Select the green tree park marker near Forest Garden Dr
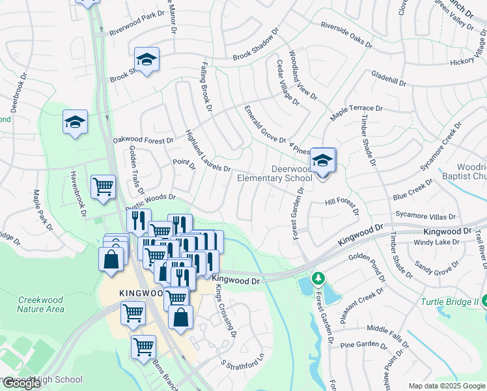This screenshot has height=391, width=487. (x=318, y=279)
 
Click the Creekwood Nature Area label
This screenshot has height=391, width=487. (x=42, y=304)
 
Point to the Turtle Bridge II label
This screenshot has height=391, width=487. (x=449, y=302)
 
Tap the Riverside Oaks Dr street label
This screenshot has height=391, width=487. (x=345, y=36)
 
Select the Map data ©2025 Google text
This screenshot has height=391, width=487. (x=447, y=385)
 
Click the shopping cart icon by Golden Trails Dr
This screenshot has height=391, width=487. (x=103, y=187)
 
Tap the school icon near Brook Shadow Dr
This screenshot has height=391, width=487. (x=147, y=59)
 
